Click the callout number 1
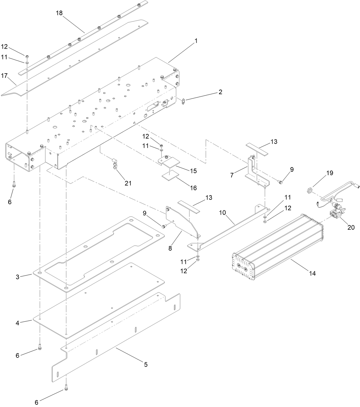pyautogui.click(x=196, y=41)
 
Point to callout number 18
pyautogui.click(x=59, y=13)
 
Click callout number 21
pyautogui.click(x=128, y=183)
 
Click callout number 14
pyautogui.click(x=312, y=273)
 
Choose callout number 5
pyautogui.click(x=146, y=365)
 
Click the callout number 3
pyautogui.click(x=17, y=277)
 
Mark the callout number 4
pyautogui.click(x=17, y=323)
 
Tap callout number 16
pyautogui.click(x=193, y=188)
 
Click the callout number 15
pyautogui.click(x=193, y=171)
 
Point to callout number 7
pyautogui.click(x=232, y=175)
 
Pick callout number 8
pyautogui.click(x=170, y=248)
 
